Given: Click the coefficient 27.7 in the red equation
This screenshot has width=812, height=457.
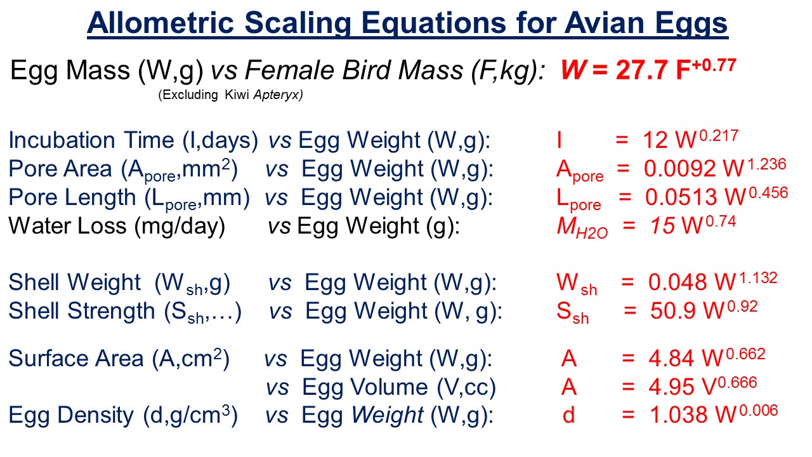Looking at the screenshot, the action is click(x=641, y=70).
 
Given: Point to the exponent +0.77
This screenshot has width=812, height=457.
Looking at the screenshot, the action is click(x=714, y=65).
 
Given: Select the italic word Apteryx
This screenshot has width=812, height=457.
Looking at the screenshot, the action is click(x=278, y=95).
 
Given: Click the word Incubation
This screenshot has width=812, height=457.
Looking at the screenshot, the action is click(x=62, y=140).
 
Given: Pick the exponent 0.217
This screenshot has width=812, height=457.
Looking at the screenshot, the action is click(x=719, y=136).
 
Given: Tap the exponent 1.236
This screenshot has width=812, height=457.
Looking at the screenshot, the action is click(x=767, y=164).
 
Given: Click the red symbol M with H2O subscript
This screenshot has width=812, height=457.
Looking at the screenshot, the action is click(x=582, y=228).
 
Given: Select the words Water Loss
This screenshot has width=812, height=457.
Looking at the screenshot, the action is click(x=67, y=226).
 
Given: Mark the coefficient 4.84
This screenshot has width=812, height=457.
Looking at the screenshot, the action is click(x=671, y=359).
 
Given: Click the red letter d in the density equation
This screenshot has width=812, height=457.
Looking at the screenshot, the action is click(x=568, y=415).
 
